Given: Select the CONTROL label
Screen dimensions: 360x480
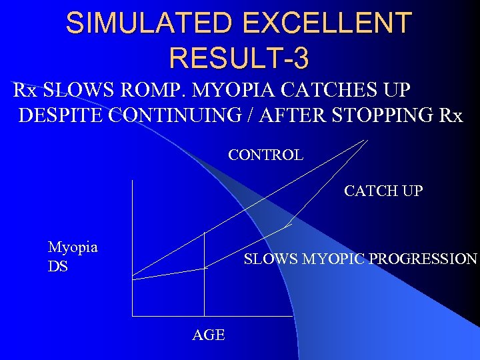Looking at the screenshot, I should pos(265,155).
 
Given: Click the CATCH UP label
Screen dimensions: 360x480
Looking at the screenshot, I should pos(383,191).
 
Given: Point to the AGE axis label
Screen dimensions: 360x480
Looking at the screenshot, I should pos(209,335).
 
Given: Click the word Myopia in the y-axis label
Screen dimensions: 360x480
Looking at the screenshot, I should pos(73,247).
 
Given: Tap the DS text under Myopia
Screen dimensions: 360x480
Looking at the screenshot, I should pos(57,267).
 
